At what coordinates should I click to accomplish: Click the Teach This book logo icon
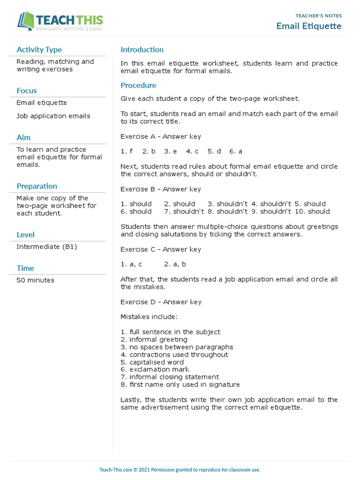26,22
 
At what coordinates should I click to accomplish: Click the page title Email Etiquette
309,26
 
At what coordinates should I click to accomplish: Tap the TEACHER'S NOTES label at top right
319,15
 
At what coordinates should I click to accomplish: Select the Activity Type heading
39,50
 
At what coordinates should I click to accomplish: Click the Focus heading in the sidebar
26,91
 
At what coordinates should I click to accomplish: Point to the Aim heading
23,137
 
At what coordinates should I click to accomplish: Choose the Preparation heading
37,186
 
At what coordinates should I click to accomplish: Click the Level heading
25,235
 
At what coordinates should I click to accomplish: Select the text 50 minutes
35,280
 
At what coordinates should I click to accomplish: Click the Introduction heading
142,50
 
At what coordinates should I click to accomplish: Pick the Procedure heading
138,85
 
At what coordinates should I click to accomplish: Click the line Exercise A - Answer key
160,136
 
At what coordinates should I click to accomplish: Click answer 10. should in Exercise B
312,211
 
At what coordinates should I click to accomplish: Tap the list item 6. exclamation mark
155,369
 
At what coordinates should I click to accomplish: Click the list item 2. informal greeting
154,339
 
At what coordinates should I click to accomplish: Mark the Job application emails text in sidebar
53,116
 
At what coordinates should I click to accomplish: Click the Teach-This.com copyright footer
180,470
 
